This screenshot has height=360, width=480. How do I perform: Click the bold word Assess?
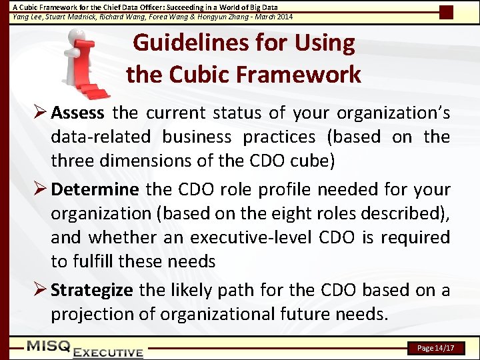[77, 113]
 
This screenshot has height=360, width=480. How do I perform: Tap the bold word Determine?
[95, 189]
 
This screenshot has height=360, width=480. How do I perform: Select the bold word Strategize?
[92, 290]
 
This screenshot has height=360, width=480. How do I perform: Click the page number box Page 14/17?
[435, 348]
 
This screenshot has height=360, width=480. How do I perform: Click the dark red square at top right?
[447, 12]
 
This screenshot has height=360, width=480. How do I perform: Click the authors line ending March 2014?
[153, 16]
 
